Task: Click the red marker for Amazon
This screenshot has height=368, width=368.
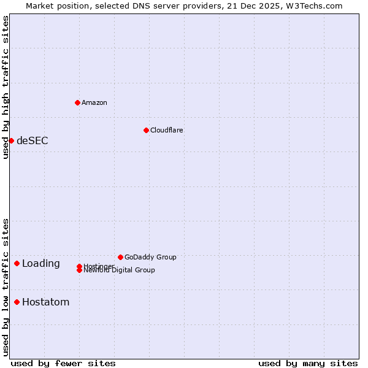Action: pyautogui.click(x=77, y=102)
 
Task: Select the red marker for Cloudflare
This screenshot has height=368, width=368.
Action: pyautogui.click(x=146, y=130)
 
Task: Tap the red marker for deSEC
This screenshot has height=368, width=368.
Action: pyautogui.click(x=11, y=140)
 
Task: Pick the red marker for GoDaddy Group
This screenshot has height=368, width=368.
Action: pyautogui.click(x=120, y=257)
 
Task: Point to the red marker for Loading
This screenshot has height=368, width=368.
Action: pyautogui.click(x=17, y=263)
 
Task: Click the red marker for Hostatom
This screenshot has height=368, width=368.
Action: pyautogui.click(x=17, y=302)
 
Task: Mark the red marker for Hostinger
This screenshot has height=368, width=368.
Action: pyautogui.click(x=79, y=266)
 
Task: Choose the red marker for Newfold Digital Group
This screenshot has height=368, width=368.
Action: pyautogui.click(x=79, y=270)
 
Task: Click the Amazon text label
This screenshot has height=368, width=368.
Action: pyautogui.click(x=94, y=102)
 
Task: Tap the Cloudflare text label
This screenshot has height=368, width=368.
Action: pyautogui.click(x=166, y=130)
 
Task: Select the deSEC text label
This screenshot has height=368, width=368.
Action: pyautogui.click(x=32, y=140)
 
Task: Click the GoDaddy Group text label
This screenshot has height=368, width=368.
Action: pyautogui.click(x=150, y=257)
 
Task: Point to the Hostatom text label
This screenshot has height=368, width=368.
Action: pyautogui.click(x=45, y=302)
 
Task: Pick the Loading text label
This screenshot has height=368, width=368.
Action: pyautogui.click(x=40, y=263)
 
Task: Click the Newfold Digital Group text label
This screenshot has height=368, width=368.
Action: pyautogui.click(x=119, y=270)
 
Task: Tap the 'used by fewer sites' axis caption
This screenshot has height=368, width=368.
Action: pyautogui.click(x=63, y=363)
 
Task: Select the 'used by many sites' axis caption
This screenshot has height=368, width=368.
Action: pyautogui.click(x=308, y=363)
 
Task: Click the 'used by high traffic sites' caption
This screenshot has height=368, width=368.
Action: pyautogui.click(x=6, y=87)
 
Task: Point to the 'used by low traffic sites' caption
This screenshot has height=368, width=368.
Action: pyautogui.click(x=6, y=287)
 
